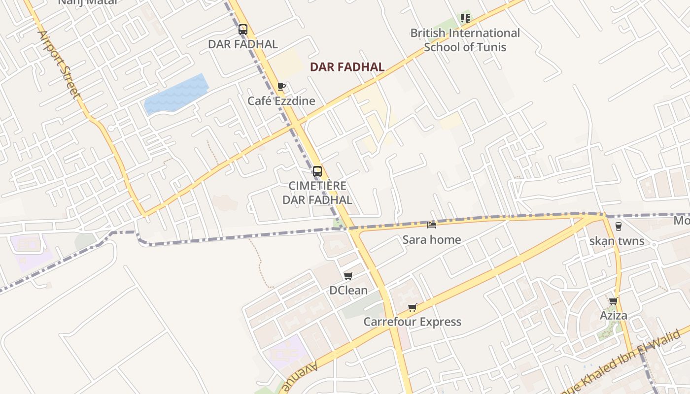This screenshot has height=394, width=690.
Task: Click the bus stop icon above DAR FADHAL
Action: coord(242,30)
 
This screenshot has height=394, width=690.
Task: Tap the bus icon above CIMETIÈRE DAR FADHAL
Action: coord(317,171)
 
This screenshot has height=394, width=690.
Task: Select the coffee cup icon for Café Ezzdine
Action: coord(281,87)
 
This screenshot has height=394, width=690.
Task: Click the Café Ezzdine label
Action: coord(281,101)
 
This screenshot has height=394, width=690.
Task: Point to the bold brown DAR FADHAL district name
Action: coord(347,67)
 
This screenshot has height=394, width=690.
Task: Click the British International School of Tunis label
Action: coord(465,40)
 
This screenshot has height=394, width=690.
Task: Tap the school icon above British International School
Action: coord(465,18)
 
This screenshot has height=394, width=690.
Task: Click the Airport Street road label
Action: coord(59,65)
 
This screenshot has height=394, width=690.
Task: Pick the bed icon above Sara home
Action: coord(432,225)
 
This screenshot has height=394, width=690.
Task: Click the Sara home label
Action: coord(432,240)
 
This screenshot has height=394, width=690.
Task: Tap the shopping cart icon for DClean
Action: coord(348,276)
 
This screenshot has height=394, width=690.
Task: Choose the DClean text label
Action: coord(348,290)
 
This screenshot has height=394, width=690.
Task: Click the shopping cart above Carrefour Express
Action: coord(413,307)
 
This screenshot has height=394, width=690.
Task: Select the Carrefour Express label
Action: coord(413,322)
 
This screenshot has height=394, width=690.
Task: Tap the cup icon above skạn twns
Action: coord(618,226)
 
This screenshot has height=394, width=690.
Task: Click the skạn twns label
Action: coord(617,241)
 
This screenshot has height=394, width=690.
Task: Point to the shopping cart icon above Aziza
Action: coord(613,301)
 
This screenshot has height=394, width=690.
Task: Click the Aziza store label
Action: coord(614,315)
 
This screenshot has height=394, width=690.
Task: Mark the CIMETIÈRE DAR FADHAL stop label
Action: coord(317,193)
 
